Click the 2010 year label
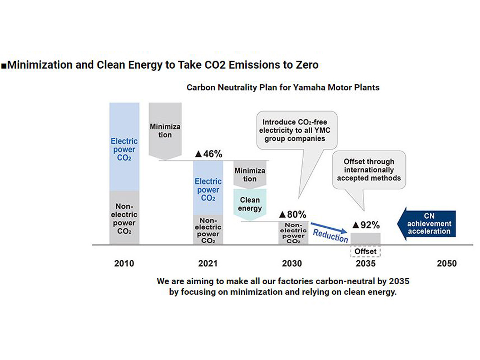124,263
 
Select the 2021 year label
208,263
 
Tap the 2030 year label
292,263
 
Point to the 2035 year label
366,263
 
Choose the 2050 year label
447,263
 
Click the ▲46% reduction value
209,154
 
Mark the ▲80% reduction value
293,214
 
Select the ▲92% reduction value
366,225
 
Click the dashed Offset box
366,251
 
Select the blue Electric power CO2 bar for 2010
124,147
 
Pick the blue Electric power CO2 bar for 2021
208,187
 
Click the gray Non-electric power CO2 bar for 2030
293,233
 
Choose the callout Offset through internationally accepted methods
369,170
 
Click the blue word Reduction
330,235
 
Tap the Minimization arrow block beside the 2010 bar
165,130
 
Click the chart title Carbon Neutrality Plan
283,87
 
